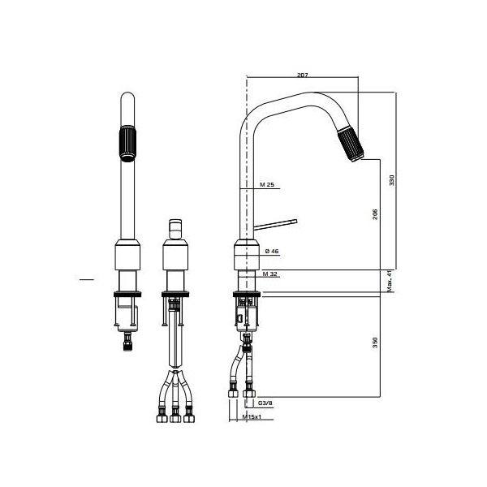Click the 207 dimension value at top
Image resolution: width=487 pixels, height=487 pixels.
point(302,75)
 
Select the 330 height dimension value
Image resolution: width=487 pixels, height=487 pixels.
point(391,180)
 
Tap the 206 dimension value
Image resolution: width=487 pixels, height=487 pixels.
point(375,214)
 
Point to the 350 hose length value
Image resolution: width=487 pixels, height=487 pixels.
point(375,343)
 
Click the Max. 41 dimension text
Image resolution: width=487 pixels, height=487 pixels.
point(390,281)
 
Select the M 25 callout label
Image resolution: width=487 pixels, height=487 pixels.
point(267,185)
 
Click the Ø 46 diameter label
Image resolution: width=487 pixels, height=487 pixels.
point(272,251)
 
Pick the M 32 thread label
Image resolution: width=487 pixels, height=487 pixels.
point(269,274)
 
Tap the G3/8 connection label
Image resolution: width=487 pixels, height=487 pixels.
point(265,403)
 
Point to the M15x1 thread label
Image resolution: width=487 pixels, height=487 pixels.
point(252,416)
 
